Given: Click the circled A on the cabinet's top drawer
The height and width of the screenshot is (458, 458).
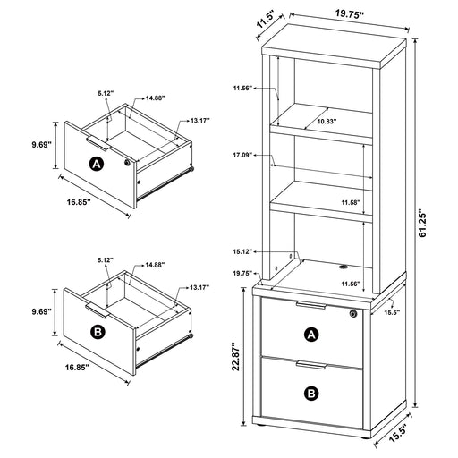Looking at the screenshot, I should pos(311,335).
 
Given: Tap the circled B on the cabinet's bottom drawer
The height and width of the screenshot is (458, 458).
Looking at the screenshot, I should pos(311,391).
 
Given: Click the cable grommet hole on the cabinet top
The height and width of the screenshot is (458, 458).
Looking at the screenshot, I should pos(343,266).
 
